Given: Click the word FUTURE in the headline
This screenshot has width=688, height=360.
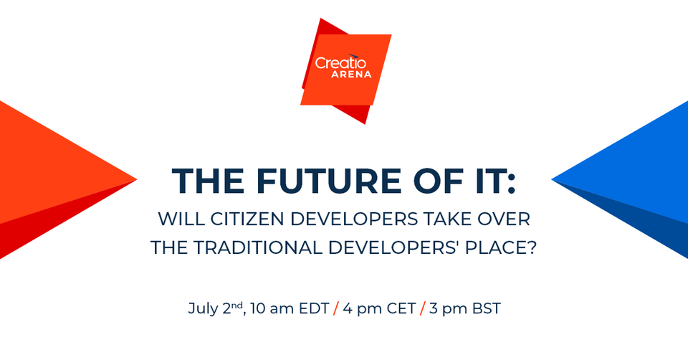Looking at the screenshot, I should tap(315, 181).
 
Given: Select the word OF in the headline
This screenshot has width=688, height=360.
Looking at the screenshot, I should tap(428, 181).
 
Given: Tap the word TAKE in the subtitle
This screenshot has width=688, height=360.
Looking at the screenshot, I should tap(448, 219).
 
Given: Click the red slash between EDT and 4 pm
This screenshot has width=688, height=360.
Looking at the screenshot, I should tap(335, 310).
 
